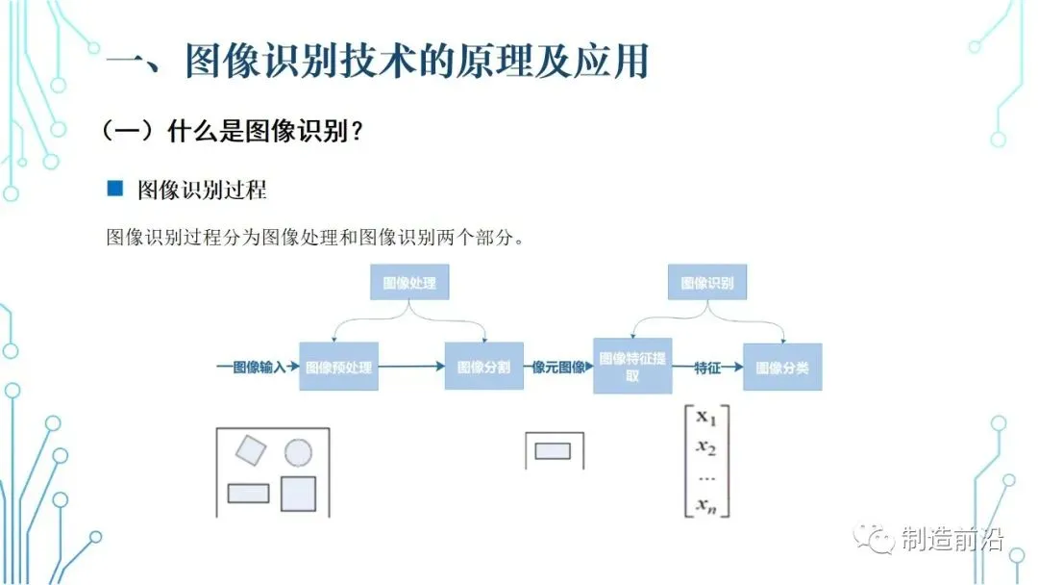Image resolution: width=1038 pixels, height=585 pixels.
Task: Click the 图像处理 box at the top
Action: (x=409, y=283)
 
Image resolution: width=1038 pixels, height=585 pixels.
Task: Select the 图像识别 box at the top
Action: (x=706, y=283)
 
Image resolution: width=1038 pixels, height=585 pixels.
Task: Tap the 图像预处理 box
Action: (x=338, y=367)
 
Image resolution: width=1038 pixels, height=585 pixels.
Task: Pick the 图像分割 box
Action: (x=483, y=367)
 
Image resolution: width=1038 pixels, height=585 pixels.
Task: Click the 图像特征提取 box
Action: (x=631, y=367)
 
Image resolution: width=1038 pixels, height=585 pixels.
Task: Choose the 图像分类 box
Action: (x=782, y=367)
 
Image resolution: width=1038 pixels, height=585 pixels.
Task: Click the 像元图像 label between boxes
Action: (x=558, y=367)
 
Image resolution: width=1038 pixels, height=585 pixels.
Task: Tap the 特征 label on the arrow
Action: (x=707, y=367)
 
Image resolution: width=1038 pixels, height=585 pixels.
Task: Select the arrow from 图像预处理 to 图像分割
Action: (x=411, y=367)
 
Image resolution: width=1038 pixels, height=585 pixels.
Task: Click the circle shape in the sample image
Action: (x=298, y=452)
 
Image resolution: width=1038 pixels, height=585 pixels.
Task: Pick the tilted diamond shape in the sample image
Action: (x=251, y=449)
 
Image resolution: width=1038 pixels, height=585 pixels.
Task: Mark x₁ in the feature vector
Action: (x=706, y=419)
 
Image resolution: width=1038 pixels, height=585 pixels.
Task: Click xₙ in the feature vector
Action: (x=706, y=504)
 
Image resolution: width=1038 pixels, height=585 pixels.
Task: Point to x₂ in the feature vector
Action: (x=706, y=446)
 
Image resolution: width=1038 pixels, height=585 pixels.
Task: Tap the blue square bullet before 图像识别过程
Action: (x=115, y=189)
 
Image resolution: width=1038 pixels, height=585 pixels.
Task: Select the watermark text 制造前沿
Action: (x=951, y=540)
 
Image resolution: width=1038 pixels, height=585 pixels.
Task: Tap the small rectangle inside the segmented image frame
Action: (x=553, y=450)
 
